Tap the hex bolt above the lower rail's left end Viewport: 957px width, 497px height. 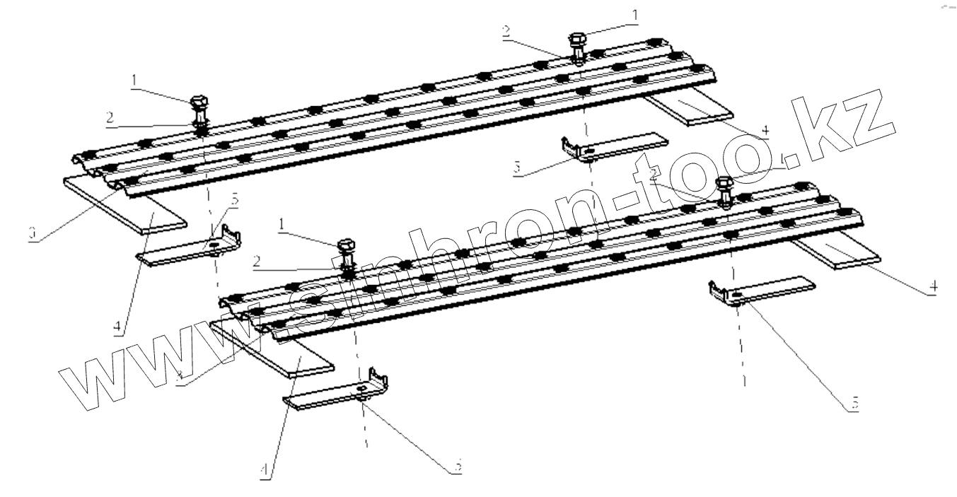tap(347, 250)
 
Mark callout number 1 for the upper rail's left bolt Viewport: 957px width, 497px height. tap(132, 83)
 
